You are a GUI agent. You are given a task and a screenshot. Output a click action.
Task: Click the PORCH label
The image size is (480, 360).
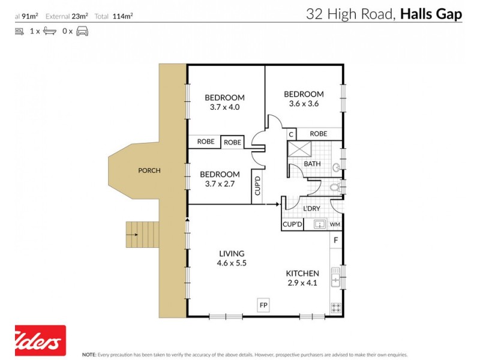(149, 170)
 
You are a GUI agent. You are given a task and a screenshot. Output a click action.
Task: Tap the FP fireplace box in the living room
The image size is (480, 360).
(263, 305)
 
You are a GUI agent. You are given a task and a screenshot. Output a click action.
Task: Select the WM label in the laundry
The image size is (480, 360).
(335, 225)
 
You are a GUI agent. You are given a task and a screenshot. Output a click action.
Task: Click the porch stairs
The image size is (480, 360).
(143, 234)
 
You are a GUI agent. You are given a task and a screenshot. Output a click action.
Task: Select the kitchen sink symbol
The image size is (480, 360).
(336, 277)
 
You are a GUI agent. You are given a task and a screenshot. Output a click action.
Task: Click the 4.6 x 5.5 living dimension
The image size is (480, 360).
(232, 263)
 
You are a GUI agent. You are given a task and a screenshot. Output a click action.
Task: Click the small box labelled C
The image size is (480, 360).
(290, 134)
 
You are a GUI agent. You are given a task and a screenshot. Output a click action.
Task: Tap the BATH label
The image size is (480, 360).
(312, 164)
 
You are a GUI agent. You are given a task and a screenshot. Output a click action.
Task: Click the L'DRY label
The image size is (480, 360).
(311, 208)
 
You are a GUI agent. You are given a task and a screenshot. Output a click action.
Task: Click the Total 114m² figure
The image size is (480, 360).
(113, 17)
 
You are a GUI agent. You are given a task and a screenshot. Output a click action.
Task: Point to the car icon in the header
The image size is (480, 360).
(82, 31)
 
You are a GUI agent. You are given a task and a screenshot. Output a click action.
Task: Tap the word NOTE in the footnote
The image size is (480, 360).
(89, 355)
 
